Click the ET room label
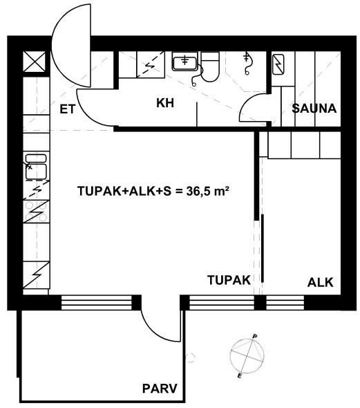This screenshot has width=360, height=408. pyautogui.click(x=67, y=109)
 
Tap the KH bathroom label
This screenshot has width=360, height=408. pyautogui.click(x=165, y=103)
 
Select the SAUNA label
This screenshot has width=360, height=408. pyautogui.click(x=314, y=109)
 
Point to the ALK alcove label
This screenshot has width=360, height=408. pyautogui.click(x=320, y=283)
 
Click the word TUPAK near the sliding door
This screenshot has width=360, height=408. pyautogui.click(x=229, y=280)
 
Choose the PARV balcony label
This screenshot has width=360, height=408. pyautogui.click(x=160, y=389)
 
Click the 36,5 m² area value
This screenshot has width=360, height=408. pyautogui.click(x=208, y=192)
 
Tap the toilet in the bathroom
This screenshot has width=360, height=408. pyautogui.click(x=210, y=66)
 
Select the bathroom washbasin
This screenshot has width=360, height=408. pyautogui.click(x=184, y=62)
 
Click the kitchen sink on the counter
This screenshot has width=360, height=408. pyautogui.click(x=36, y=167)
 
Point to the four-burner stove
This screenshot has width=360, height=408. pyautogui.click(x=36, y=212)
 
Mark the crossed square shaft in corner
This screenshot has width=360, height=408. pyautogui.click(x=35, y=62)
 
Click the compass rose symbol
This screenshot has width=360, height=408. pyautogui.click(x=247, y=355)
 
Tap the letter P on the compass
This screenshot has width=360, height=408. pyautogui.click(x=255, y=337)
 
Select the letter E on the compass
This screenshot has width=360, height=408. pyautogui.click(x=240, y=375)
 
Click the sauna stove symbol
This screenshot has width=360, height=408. pyautogui.click(x=278, y=64)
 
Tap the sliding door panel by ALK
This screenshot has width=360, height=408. pyautogui.click(x=263, y=248)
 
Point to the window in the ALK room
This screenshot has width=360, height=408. pyautogui.click(x=285, y=302)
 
